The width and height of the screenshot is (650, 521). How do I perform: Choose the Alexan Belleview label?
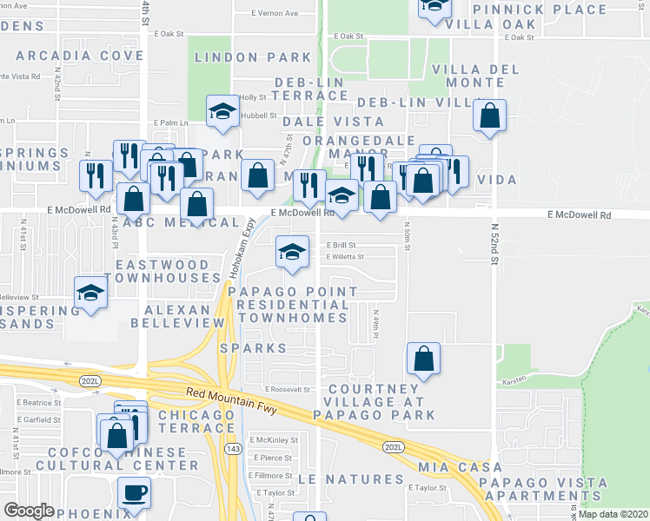[171, 316]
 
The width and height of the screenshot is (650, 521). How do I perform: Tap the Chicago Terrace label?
[196, 422]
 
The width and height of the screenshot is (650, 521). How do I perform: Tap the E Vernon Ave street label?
[274, 14]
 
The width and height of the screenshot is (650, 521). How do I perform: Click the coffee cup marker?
[134, 493]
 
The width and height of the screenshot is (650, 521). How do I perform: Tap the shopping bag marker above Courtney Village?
[423, 358]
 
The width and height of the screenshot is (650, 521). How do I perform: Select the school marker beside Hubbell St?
[223, 110]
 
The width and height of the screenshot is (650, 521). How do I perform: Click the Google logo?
[29, 511]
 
